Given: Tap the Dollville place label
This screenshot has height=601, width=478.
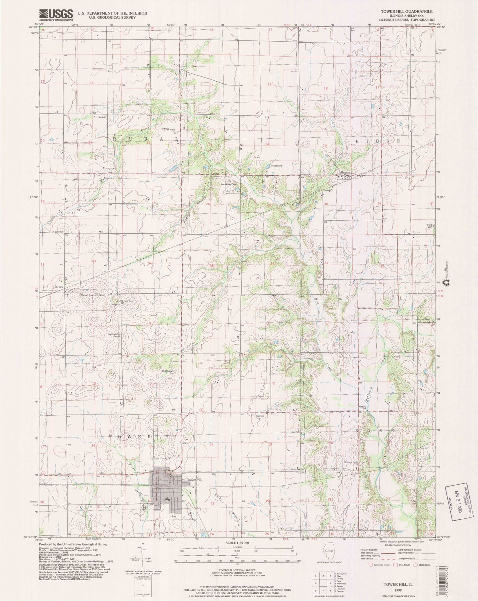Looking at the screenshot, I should coord(58,287).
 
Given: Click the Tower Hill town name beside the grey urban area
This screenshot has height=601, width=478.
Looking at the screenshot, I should coord(194,480).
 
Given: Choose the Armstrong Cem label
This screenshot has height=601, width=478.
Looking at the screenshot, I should coord(228,184).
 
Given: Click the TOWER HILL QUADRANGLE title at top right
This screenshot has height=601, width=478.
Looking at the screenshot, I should coord(402,11).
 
